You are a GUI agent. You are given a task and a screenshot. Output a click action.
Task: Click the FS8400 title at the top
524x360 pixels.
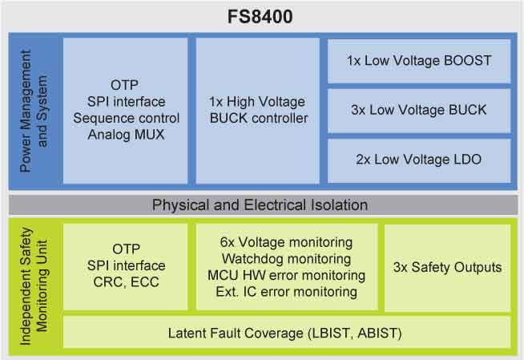click(262, 16)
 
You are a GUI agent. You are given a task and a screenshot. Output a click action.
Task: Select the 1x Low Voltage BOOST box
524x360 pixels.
click(419, 61)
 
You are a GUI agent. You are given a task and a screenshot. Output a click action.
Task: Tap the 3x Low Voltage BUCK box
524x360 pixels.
click(419, 110)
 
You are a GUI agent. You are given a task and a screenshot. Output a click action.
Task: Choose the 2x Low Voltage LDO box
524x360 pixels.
click(419, 160)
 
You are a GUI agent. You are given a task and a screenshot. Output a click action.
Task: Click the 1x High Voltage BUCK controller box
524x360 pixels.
click(256, 111)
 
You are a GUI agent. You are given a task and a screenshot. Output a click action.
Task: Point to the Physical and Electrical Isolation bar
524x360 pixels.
click(260, 204)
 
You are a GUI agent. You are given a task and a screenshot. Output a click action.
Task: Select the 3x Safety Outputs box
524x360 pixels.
click(447, 267)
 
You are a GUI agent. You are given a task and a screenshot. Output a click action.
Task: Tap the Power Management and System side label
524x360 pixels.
click(34, 111)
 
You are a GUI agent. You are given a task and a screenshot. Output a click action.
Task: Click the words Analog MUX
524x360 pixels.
click(125, 135)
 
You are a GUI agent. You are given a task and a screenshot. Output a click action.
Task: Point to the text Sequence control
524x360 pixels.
click(125, 119)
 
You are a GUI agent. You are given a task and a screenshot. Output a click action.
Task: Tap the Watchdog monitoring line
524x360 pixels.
click(285, 259)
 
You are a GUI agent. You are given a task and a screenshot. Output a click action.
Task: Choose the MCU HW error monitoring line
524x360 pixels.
click(285, 275)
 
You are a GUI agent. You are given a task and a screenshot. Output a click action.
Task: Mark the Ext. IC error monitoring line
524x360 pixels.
click(285, 292)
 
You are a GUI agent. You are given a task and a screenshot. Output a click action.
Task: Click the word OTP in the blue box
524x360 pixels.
click(125, 85)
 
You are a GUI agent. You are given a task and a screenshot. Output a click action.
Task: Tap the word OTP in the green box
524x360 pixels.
click(125, 249)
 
